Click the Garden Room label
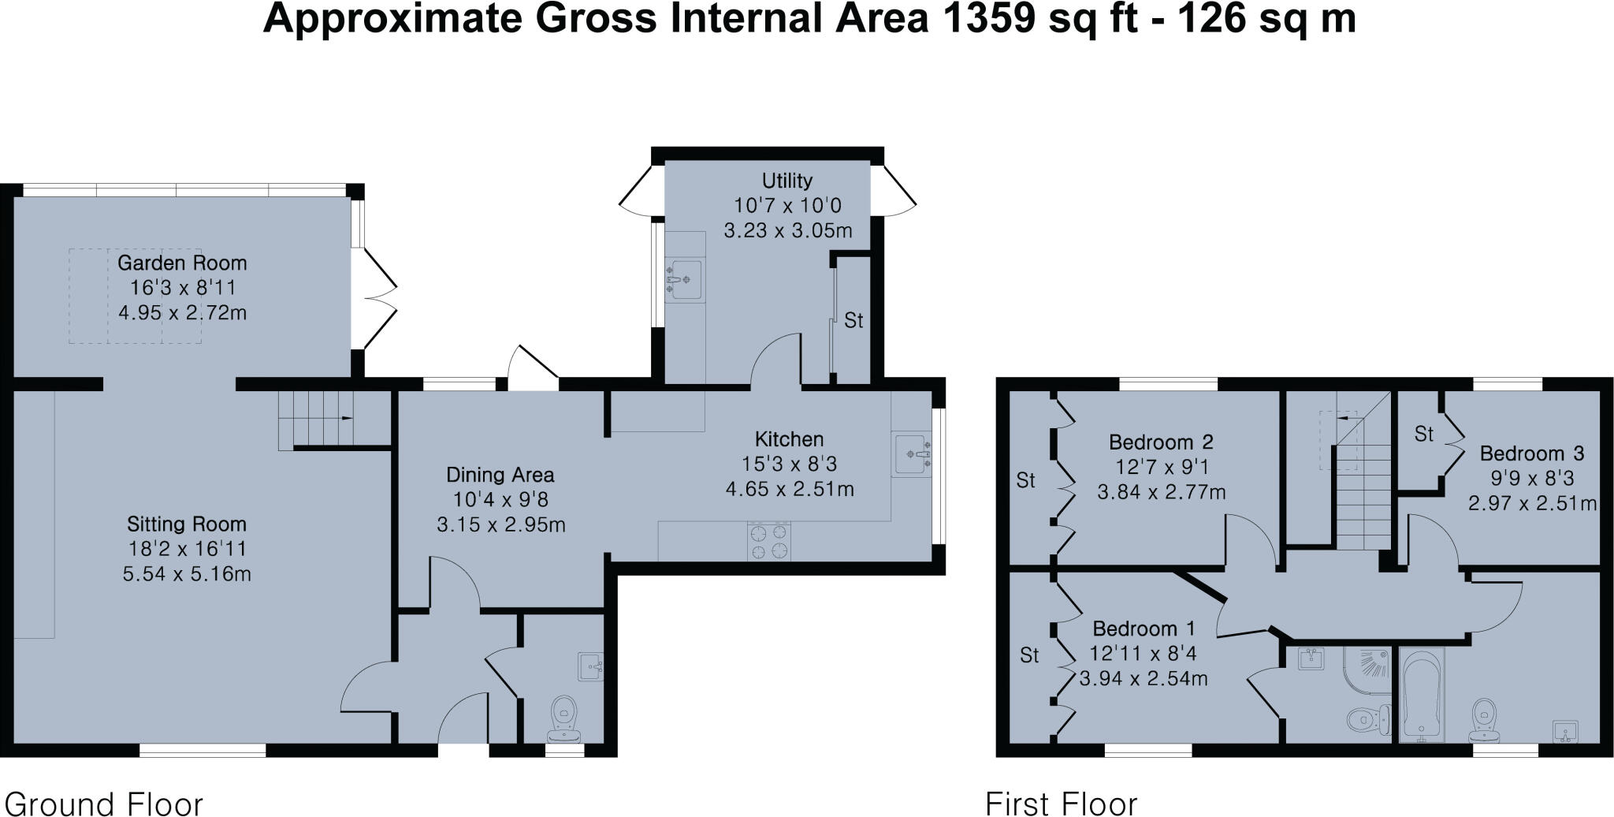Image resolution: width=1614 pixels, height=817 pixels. coord(182,263)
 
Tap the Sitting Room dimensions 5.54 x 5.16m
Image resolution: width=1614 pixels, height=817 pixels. coord(187,573)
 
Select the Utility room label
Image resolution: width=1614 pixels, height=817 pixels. coord(787,181)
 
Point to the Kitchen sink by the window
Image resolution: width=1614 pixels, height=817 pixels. coord(913,454)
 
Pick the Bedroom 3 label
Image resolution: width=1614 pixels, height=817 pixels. coord(1531,453)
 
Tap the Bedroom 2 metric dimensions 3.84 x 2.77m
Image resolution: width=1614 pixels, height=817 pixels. coord(1161,493)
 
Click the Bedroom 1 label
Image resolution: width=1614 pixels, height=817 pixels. coord(1144,629)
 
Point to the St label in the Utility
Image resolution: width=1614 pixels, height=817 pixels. coord(853,320)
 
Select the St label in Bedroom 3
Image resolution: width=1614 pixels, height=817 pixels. coord(1423,434)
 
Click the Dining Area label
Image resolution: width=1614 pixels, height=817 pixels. coord(500,475)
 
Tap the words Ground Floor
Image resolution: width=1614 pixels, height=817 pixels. coord(103,804)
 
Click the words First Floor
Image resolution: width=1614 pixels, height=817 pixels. coord(1061,804)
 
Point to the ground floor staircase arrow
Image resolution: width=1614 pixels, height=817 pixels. coord(344,420)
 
